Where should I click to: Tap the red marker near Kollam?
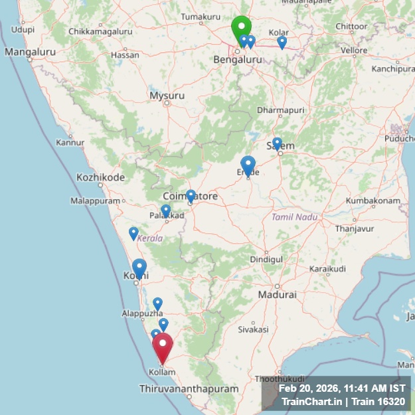coord(163,347)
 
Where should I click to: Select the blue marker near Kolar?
coord(282,42)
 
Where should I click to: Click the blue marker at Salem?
coord(277,143)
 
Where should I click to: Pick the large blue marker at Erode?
coord(248,165)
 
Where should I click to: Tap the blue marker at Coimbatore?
coord(191,196)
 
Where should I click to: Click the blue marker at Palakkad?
coord(166,211)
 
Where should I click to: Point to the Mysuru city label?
coord(167,96)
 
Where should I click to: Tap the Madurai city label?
coord(277,294)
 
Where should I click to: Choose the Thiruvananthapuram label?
coord(189,388)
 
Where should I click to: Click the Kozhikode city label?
coord(100,177)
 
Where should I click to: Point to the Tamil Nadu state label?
coord(294,217)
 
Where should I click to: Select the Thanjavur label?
coord(355,228)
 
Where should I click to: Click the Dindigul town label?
coord(266,259)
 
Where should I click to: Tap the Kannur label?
coord(70,142)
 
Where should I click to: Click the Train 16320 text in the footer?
coord(378,401)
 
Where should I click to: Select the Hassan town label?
coord(125,55)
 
